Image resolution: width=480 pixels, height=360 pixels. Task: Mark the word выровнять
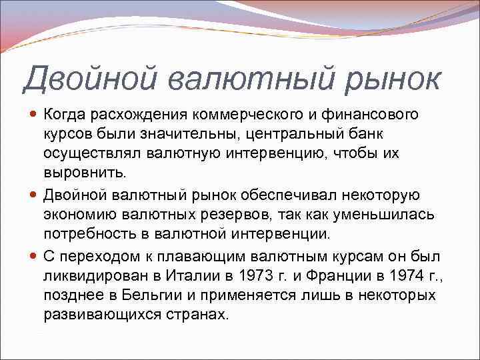(84, 173)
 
